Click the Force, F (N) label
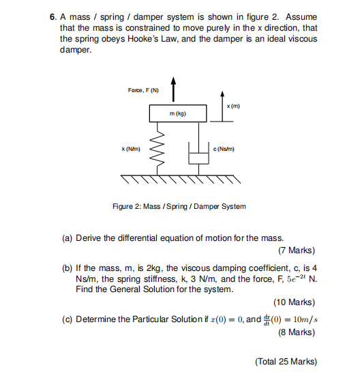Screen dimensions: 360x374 (x=143, y=90)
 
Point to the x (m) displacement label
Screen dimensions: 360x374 (x=232, y=106)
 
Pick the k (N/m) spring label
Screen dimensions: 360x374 (x=131, y=148)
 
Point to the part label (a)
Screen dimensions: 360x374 (x=67, y=238)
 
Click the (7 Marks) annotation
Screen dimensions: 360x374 (x=296, y=250)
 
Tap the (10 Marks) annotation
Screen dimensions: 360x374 (x=294, y=302)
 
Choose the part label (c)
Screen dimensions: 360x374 (x=67, y=319)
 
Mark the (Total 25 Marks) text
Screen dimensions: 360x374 (x=286, y=361)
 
